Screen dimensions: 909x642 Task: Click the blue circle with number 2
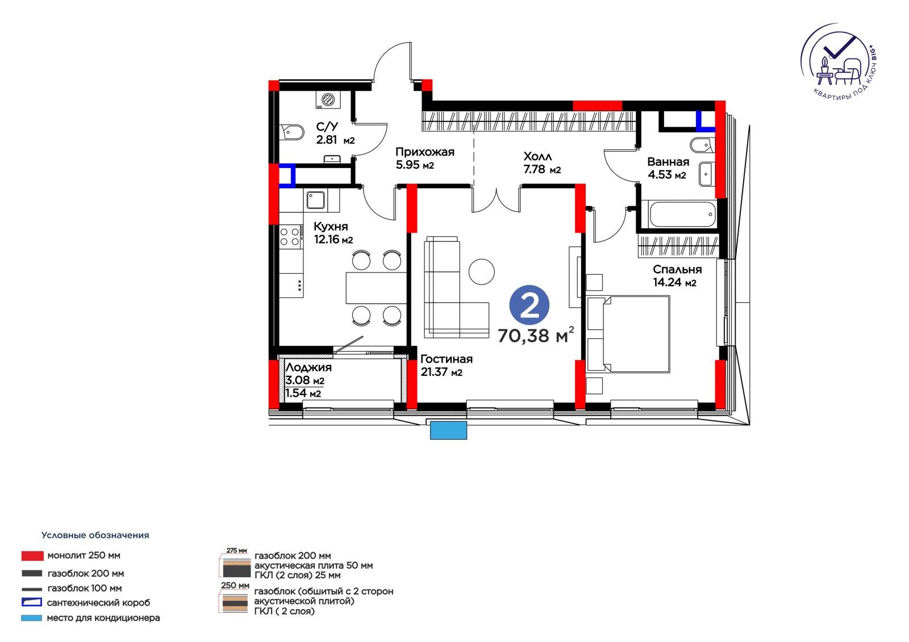(x=529, y=305)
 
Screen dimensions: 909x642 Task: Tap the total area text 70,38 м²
(x=536, y=335)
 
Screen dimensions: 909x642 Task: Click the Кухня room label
(x=331, y=226)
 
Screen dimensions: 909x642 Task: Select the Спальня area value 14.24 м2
(x=674, y=282)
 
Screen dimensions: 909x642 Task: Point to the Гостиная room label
(x=447, y=359)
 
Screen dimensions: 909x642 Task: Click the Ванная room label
(x=668, y=162)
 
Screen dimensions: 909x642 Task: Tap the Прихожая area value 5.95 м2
(x=415, y=165)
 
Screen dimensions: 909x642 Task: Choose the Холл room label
(x=537, y=156)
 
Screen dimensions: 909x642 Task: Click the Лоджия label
(x=308, y=367)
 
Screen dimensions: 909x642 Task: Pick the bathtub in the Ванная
(x=682, y=214)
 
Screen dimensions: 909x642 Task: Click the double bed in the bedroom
(x=628, y=334)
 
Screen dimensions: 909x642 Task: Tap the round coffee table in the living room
(x=481, y=271)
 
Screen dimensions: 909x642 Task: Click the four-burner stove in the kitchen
(x=290, y=237)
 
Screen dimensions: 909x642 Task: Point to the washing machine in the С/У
(x=328, y=99)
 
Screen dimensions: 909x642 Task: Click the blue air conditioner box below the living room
(x=448, y=430)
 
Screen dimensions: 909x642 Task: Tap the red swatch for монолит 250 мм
(x=32, y=556)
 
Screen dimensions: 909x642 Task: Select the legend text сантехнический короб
(x=99, y=603)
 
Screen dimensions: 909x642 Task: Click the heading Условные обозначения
(x=95, y=535)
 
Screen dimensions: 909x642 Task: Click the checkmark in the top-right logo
(x=839, y=52)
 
